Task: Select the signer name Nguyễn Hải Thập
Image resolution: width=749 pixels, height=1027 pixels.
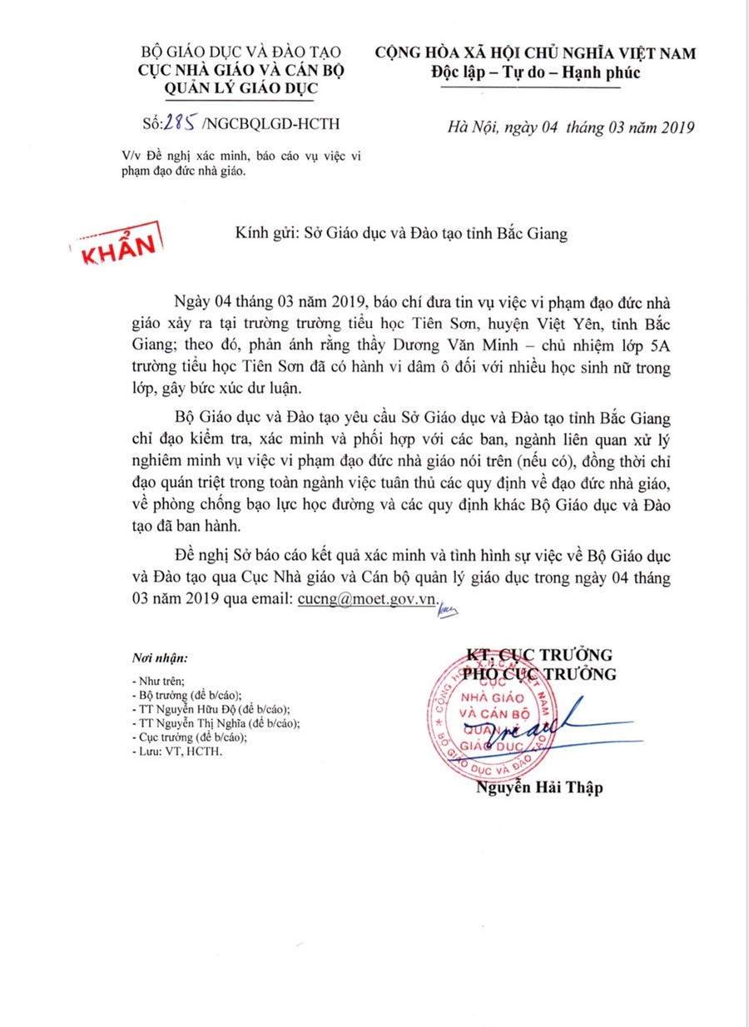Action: point(538,788)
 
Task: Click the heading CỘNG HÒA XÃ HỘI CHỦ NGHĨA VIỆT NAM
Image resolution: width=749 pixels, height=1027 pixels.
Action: point(535,52)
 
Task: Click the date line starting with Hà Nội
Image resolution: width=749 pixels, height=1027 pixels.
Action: point(570,127)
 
